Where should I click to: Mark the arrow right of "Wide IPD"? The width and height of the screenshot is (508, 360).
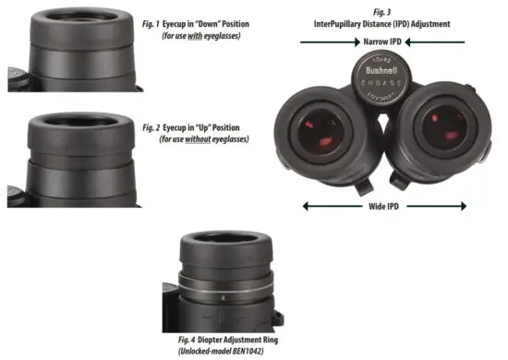[435, 207]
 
